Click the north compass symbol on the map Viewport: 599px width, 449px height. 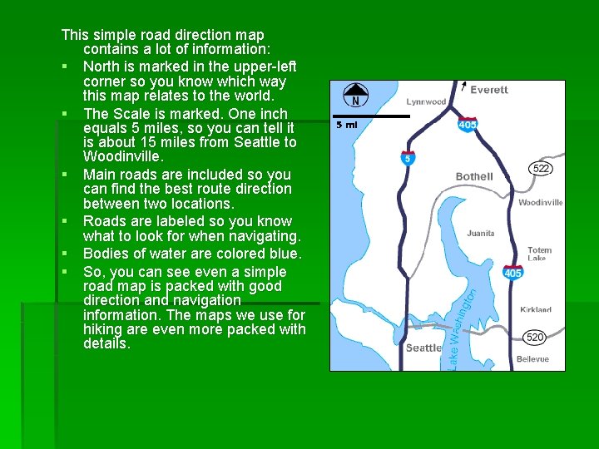pos(356,95)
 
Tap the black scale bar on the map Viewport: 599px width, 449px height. pos(371,116)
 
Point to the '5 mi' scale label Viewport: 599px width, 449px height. pos(346,125)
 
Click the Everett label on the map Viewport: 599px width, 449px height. pos(488,90)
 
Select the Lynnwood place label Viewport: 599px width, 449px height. pos(426,101)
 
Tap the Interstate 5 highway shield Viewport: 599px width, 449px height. pos(407,158)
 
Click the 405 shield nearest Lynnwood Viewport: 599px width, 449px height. pos(468,125)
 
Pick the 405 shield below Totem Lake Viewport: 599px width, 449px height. pos(512,272)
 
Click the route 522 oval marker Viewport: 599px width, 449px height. pos(542,169)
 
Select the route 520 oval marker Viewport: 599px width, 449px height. pos(535,337)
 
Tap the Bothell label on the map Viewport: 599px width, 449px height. pos(474,176)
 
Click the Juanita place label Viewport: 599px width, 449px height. pos(481,234)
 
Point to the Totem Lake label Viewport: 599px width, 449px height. pos(539,254)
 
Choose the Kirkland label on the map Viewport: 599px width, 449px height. pos(536,309)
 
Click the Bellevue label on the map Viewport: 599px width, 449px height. pos(532,359)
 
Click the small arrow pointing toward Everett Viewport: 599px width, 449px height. pos(463,85)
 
